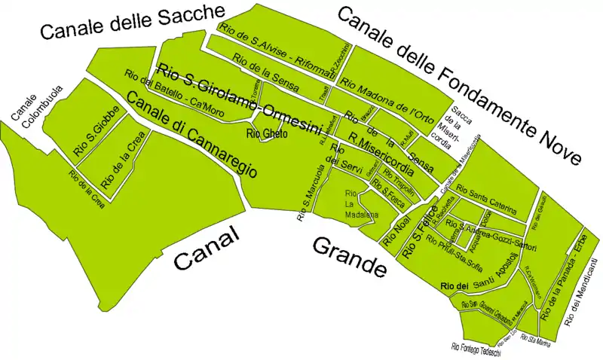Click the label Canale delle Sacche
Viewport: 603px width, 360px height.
(x=133, y=22)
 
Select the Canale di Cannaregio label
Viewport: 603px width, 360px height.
(x=191, y=136)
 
